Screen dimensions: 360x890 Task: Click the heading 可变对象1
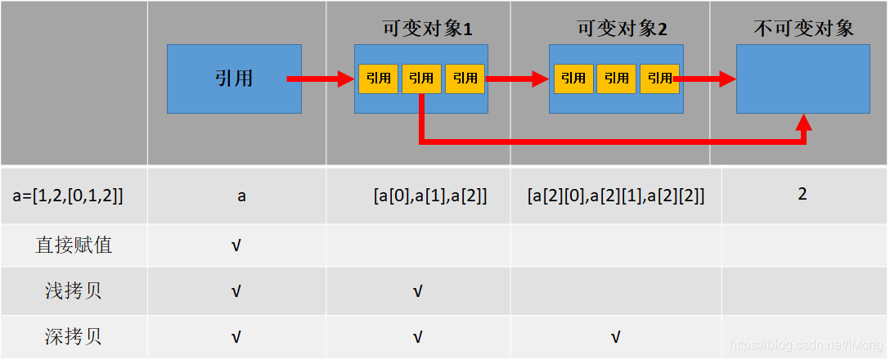(x=428, y=29)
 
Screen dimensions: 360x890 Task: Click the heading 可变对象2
(x=622, y=29)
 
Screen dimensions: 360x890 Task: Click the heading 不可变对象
(x=803, y=29)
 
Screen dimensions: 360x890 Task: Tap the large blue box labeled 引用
(x=234, y=79)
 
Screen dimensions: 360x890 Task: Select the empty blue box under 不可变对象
(x=802, y=79)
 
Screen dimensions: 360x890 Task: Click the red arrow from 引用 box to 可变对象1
(x=320, y=79)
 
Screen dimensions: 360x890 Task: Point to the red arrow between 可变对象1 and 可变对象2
(x=517, y=79)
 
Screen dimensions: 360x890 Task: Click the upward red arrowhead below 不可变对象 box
(x=805, y=124)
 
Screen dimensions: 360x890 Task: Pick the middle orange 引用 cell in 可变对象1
(x=421, y=79)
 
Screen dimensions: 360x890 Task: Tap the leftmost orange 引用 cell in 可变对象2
(x=573, y=79)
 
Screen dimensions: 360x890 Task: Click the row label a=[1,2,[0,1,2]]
(x=69, y=196)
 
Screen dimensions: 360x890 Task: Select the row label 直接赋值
(x=74, y=245)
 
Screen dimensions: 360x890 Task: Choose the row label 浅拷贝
(x=74, y=291)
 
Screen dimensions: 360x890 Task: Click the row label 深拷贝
(x=74, y=336)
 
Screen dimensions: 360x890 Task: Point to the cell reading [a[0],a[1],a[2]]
(x=430, y=196)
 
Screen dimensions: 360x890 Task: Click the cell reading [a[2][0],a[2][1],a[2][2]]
(x=616, y=196)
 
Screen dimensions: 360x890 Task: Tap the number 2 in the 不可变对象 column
(x=802, y=194)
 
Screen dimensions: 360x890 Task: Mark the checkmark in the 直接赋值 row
(x=236, y=245)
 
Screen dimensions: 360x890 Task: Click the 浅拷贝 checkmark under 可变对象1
(x=417, y=291)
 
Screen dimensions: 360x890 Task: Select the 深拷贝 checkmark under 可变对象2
(x=615, y=336)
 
